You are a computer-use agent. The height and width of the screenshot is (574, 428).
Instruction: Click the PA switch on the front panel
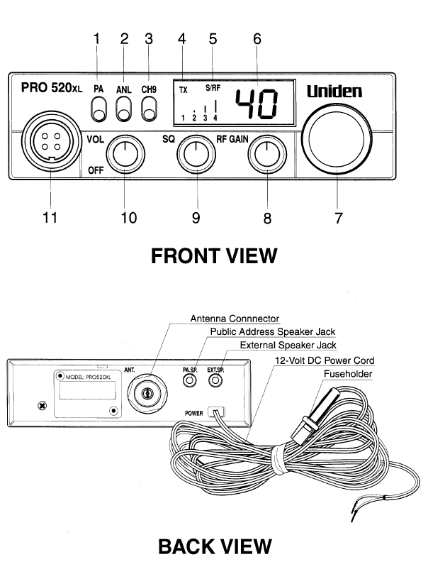(98, 110)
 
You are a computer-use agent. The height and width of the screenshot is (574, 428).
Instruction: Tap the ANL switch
(124, 110)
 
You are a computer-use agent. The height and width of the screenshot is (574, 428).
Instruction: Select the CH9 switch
(150, 110)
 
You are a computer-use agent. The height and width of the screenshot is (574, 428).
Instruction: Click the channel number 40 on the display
(257, 104)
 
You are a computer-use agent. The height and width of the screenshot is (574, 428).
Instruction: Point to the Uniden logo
(334, 92)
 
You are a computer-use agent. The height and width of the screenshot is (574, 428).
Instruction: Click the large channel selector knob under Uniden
(336, 137)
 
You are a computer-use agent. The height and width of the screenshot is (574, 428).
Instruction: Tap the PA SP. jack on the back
(189, 380)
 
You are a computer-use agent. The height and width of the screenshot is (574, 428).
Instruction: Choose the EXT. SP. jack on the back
(215, 380)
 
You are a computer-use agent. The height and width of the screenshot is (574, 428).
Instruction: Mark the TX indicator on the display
(184, 90)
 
